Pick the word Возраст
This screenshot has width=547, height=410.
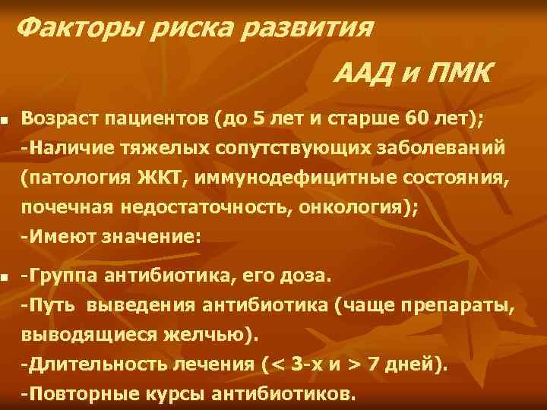62,118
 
